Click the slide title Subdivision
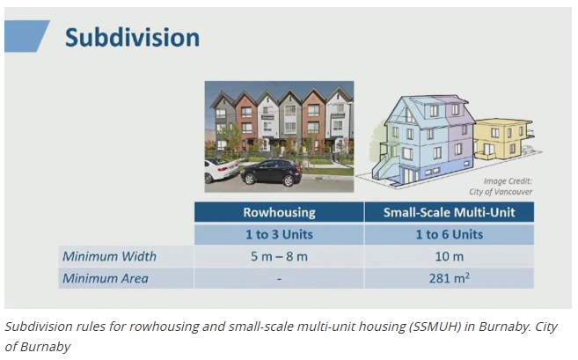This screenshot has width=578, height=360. [x=132, y=38]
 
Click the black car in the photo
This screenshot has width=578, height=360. [x=272, y=172]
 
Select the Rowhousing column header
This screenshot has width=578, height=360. [x=279, y=213]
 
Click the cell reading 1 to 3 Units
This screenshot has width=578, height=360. [x=279, y=235]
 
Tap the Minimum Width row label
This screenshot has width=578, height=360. [x=109, y=256]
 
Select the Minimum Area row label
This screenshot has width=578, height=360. [x=105, y=278]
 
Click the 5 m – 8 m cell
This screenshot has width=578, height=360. [x=279, y=256]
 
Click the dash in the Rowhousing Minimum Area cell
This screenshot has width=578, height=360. [x=279, y=278]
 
